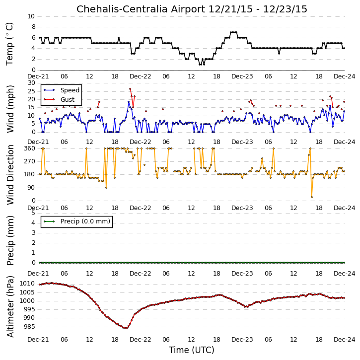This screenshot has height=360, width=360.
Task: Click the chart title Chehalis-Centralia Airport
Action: (141, 9)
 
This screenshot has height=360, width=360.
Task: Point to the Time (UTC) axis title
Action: (192, 350)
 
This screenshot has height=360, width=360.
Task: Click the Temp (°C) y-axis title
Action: (9, 44)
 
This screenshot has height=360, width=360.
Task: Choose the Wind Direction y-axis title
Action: (10, 174)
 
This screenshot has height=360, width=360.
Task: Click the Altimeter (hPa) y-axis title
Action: (10, 306)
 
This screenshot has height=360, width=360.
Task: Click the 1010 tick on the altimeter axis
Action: (27, 284)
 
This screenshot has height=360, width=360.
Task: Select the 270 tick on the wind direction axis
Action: (30, 161)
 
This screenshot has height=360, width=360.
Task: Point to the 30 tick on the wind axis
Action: (32, 83)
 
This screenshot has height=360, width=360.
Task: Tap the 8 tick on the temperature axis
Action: (34, 27)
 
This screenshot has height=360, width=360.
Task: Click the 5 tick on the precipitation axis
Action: (34, 213)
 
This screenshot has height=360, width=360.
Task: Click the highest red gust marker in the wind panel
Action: (130, 89)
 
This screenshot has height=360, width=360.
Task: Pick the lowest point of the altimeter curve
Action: (126, 328)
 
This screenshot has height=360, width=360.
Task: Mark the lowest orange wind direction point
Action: (311, 197)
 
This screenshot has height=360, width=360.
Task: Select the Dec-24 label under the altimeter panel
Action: (345, 339)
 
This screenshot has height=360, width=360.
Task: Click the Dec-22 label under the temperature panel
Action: (141, 76)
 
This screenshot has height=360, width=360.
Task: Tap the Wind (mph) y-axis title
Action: (10, 109)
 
